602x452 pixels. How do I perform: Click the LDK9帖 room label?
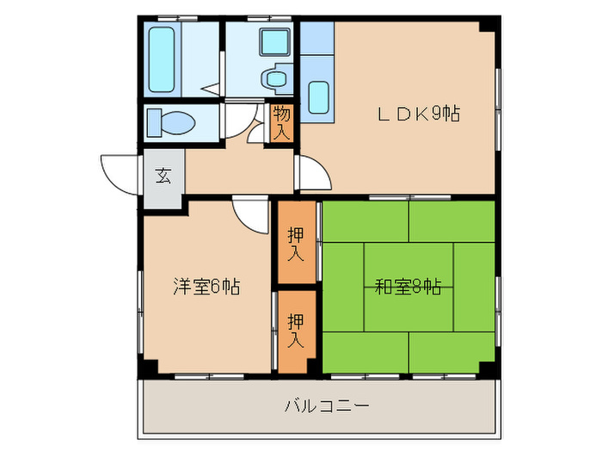(419, 114)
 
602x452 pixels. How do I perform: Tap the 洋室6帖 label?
(206, 287)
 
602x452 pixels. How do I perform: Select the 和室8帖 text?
(408, 287)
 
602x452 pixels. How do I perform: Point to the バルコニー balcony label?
(327, 406)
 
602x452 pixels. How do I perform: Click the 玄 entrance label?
(163, 176)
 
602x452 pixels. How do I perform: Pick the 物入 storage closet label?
(281, 122)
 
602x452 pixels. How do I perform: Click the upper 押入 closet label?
(296, 244)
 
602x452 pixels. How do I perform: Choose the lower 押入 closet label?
(296, 331)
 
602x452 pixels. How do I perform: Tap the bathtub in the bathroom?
(162, 59)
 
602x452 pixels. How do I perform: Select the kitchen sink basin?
(319, 97)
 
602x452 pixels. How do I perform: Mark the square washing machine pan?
(274, 42)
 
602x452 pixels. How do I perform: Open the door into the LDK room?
(314, 172)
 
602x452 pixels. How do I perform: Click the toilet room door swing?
(241, 120)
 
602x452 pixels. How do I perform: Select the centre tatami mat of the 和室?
(408, 287)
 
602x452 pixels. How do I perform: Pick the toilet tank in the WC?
(154, 122)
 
